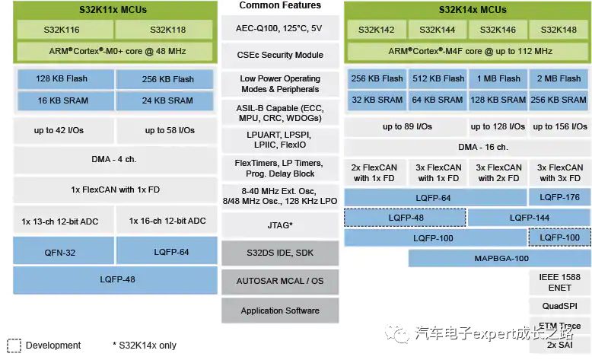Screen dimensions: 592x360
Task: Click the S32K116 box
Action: click(65, 30)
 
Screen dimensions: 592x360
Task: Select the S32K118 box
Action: click(165, 30)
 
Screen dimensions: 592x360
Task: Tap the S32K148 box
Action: click(559, 30)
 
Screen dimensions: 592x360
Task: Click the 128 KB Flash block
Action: click(64, 79)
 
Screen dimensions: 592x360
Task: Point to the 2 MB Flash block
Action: click(559, 78)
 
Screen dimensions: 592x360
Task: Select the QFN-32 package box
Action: click(64, 252)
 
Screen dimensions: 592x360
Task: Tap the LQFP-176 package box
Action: click(559, 197)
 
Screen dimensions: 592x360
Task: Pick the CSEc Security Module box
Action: click(280, 56)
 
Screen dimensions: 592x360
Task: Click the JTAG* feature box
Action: click(280, 225)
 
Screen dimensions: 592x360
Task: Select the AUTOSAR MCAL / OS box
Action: click(280, 281)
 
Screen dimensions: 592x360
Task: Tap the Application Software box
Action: click(280, 311)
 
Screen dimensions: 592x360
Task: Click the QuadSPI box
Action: click(559, 306)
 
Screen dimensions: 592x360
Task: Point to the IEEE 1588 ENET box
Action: click(559, 283)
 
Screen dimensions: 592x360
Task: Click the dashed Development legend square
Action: click(14, 345)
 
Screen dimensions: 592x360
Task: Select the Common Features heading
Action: click(280, 5)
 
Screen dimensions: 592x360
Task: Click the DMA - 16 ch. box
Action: click(466, 147)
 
